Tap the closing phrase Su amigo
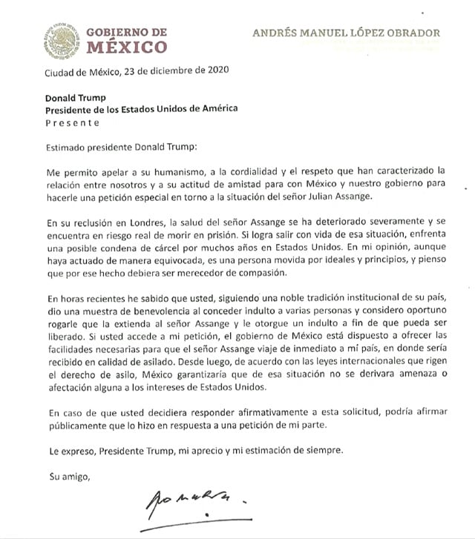coord(68,475)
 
